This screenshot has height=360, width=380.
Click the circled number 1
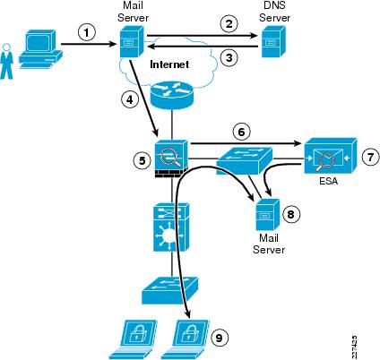87,32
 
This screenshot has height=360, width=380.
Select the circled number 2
229,23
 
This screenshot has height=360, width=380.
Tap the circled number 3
229,57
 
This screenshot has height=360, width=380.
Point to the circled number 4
130,99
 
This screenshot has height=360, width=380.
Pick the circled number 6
241,132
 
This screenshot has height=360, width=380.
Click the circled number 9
219,338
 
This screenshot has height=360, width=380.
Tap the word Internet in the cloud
169,64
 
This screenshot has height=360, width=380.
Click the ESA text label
328,181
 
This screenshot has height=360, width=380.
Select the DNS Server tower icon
273,41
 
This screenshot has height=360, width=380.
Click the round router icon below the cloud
171,95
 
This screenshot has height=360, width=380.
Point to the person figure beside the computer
6,62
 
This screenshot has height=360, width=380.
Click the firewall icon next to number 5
171,159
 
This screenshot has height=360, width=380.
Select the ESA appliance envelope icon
331,156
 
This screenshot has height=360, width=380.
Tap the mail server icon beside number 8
267,215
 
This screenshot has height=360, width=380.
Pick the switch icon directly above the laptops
169,290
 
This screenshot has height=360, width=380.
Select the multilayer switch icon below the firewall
171,227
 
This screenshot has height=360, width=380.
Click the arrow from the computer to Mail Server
89,45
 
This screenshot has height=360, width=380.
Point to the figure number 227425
354,347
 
